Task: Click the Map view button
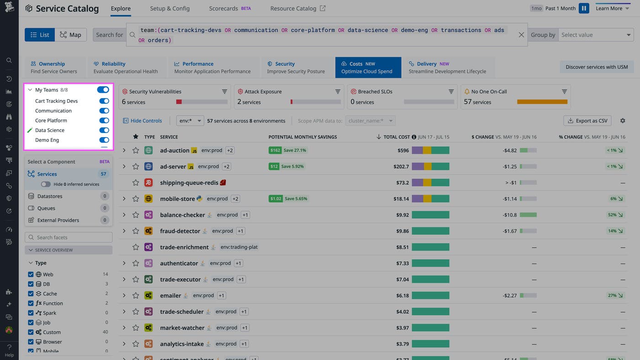[x=70, y=35]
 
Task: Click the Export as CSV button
[x=587, y=121]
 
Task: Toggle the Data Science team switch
[x=104, y=130]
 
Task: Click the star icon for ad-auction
[x=136, y=150]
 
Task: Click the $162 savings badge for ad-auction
[x=275, y=150]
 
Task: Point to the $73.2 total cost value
[x=402, y=183]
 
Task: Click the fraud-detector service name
[x=180, y=231]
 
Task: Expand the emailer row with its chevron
[x=124, y=296]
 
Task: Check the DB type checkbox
[x=31, y=284]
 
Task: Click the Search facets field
[x=69, y=238]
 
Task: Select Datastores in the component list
[x=49, y=196]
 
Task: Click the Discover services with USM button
[x=597, y=67]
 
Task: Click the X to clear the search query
[x=521, y=35]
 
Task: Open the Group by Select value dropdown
[x=596, y=35]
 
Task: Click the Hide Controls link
[x=142, y=121]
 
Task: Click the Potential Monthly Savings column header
[x=303, y=137]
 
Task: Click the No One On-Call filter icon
[x=565, y=91]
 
